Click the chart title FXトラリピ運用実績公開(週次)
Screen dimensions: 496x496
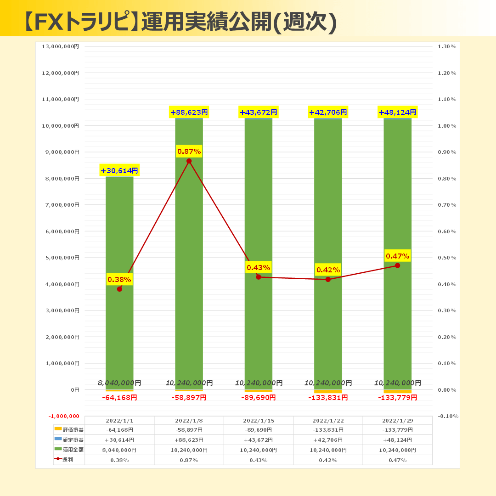179,21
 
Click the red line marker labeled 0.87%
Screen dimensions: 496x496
189,161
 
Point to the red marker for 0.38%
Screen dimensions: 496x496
119,289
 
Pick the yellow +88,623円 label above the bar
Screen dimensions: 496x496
189,112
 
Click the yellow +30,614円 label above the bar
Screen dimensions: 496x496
119,171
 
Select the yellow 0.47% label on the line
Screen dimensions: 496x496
397,256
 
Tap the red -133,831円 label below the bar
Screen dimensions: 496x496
328,398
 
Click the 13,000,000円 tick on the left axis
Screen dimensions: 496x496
61,46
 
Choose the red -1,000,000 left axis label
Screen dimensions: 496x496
64,416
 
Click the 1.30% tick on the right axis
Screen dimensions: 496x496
447,46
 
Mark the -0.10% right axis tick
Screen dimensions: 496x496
448,416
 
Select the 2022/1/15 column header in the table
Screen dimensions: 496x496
258,421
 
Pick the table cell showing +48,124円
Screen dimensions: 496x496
397,440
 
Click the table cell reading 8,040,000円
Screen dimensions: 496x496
119,450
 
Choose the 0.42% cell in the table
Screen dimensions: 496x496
328,460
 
